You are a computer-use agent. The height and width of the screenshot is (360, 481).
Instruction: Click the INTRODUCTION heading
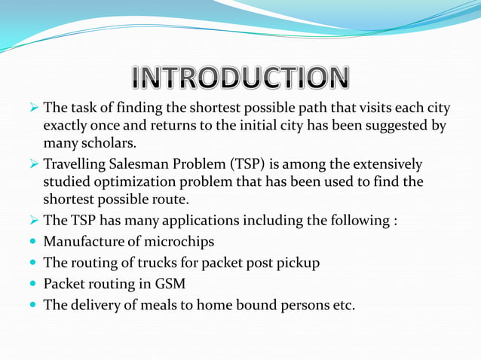click(240, 77)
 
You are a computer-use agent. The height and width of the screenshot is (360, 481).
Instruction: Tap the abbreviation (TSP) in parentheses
click(249, 164)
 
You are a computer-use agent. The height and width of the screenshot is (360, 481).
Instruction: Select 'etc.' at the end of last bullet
click(343, 306)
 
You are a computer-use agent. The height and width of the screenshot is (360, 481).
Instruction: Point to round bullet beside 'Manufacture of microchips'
click(32, 243)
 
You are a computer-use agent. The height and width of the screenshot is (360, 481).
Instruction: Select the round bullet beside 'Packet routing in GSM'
click(32, 285)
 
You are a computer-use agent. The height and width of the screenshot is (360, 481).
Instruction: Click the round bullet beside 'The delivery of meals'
click(32, 306)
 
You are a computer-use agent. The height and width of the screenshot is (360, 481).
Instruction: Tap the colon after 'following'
click(395, 221)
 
